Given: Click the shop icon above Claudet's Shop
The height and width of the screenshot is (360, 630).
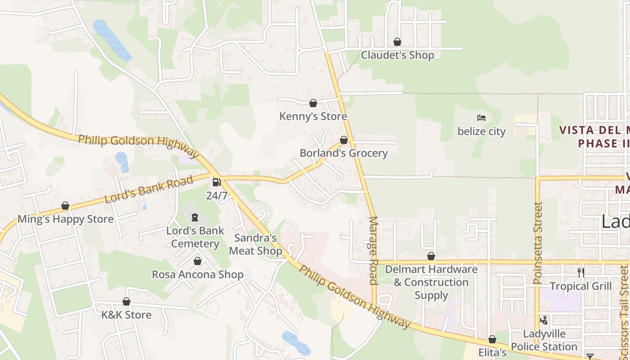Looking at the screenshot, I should pos(397,42).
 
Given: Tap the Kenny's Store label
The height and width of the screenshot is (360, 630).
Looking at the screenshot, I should pos(313,117).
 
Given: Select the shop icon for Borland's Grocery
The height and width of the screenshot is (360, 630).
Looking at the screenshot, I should pos(343,140).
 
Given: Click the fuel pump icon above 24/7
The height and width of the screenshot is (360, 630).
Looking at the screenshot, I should pos(216,182).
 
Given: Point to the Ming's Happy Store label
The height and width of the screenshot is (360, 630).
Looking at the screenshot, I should pos(66,219).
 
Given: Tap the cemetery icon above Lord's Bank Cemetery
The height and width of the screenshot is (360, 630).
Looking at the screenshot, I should pos(194,218).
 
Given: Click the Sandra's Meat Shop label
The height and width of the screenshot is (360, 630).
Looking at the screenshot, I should pos(256,244).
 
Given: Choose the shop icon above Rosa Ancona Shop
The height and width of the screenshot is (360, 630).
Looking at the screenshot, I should pos(197,261).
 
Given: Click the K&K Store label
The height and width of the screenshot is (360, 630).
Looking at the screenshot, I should pos(126,315).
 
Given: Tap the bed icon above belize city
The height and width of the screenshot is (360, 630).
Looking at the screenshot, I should pos(481,118).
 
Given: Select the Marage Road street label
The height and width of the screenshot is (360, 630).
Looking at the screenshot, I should pos(373,250).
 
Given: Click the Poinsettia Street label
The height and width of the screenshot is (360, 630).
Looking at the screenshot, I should pos(538,243).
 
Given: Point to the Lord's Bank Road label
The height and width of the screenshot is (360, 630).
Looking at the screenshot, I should pos(148,189).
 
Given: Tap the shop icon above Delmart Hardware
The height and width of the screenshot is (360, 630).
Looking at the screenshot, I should pos(431,256).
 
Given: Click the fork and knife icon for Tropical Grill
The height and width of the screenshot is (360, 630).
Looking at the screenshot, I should pos(581,272).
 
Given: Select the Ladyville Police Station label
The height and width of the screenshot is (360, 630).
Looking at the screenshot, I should pos(544,341).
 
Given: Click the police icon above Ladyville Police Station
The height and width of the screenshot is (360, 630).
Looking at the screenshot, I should pos(544,320).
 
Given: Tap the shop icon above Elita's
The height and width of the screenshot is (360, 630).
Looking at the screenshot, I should pos(492,339).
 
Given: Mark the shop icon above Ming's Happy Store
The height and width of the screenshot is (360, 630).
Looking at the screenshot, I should pos(65,206).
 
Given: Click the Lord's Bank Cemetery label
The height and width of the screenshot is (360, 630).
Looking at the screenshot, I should pos(195,237).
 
